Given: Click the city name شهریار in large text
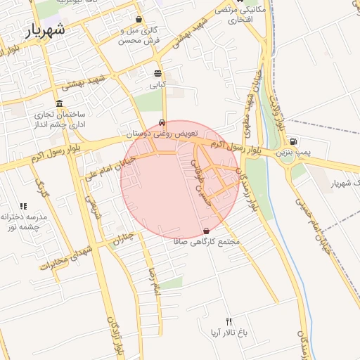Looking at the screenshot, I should point(45,30).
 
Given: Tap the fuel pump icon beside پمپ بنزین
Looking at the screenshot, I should point(293,141).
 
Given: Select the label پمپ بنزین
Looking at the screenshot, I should point(292,152).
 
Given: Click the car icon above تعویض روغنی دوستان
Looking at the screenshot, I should point(163,122).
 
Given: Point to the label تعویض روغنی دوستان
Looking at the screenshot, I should point(162,133).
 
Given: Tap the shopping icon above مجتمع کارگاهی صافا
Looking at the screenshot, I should point(206,231).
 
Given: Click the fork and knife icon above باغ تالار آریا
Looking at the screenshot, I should point(228,321).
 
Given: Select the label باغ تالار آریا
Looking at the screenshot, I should point(229,331).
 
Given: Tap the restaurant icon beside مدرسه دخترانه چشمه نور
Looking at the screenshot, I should point(23,207).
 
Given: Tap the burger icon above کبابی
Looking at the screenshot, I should point(157,73).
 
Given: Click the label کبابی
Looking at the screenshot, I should point(157,84).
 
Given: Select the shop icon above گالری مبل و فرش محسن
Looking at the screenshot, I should point(139,20).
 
